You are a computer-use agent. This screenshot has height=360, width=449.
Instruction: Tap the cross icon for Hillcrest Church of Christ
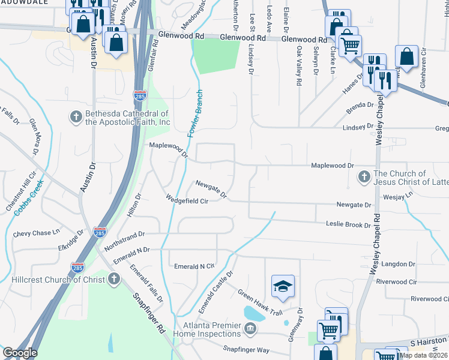[113, 279]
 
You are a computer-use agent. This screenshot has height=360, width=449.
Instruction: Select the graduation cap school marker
[283, 287]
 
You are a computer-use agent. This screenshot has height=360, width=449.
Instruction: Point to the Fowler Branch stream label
[196, 113]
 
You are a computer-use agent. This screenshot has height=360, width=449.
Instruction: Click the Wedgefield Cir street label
[187, 200]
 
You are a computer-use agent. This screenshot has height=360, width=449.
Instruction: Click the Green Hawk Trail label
[260, 302]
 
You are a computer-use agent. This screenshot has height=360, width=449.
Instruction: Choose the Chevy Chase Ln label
[37, 232]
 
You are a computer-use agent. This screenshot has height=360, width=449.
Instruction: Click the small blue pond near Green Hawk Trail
[253, 313]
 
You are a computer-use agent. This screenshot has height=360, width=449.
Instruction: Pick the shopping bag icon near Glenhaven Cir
[407, 58]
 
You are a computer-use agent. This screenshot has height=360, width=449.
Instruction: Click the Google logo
[19, 353]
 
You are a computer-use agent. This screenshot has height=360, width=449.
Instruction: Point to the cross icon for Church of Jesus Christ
[363, 177]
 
